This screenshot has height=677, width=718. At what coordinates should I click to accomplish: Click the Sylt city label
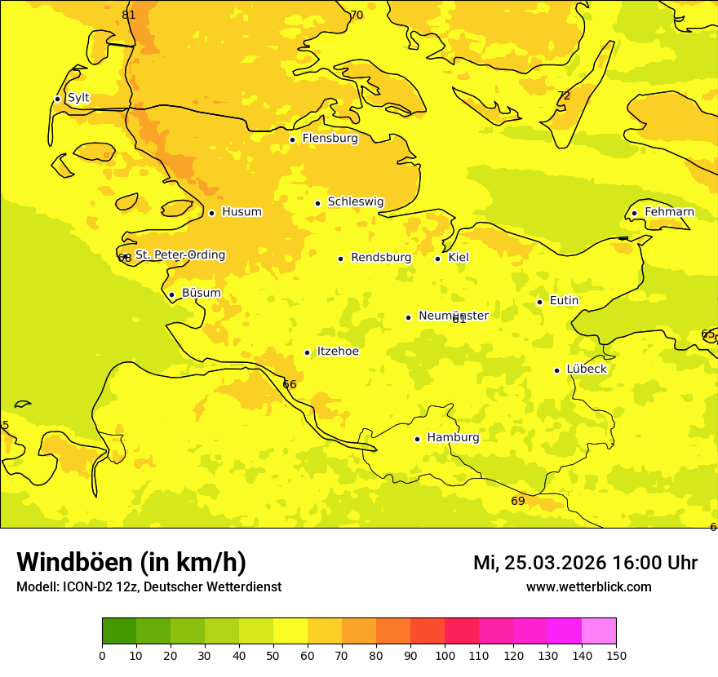78,98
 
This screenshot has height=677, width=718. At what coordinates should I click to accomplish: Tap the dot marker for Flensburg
292,139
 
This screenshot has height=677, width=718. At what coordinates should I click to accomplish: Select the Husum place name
242,212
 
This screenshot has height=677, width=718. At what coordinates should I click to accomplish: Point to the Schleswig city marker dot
318,203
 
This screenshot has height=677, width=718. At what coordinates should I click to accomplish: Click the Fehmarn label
669,212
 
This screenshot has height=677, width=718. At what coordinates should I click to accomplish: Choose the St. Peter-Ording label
180,255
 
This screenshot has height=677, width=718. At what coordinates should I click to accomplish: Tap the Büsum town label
201,293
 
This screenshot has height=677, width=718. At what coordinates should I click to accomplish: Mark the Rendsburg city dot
341,259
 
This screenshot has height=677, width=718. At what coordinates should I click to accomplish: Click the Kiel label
459,258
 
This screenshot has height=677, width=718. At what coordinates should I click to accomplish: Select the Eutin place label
564,301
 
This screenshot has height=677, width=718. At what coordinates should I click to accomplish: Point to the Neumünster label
453,316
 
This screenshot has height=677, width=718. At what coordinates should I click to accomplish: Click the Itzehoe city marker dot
308,353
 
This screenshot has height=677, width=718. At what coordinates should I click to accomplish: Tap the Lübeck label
586,369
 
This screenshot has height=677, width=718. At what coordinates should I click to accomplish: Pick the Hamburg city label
453,438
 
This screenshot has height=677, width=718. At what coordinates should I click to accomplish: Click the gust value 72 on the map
564,96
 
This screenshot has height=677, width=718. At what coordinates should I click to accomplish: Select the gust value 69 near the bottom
518,501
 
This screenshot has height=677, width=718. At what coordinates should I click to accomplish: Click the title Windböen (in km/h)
131,562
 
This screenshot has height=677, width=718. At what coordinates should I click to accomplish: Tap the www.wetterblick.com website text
588,586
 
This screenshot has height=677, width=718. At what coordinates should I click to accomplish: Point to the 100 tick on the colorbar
445,654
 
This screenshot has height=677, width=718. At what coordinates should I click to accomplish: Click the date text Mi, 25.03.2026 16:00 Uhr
585,563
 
